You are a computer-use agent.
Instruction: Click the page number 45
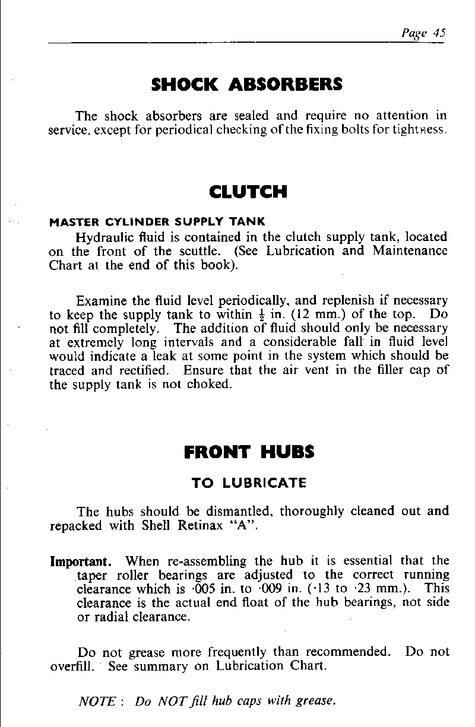pyautogui.click(x=439, y=33)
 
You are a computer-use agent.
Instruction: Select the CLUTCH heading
pyautogui.click(x=248, y=192)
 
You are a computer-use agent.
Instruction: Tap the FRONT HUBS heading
pyautogui.click(x=249, y=452)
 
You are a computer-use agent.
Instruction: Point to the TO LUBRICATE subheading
pyautogui.click(x=249, y=483)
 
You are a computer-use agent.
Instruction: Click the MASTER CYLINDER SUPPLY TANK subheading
pyautogui.click(x=157, y=223)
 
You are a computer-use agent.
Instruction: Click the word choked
pyautogui.click(x=208, y=384)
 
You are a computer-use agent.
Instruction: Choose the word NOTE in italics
pyautogui.click(x=98, y=701)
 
